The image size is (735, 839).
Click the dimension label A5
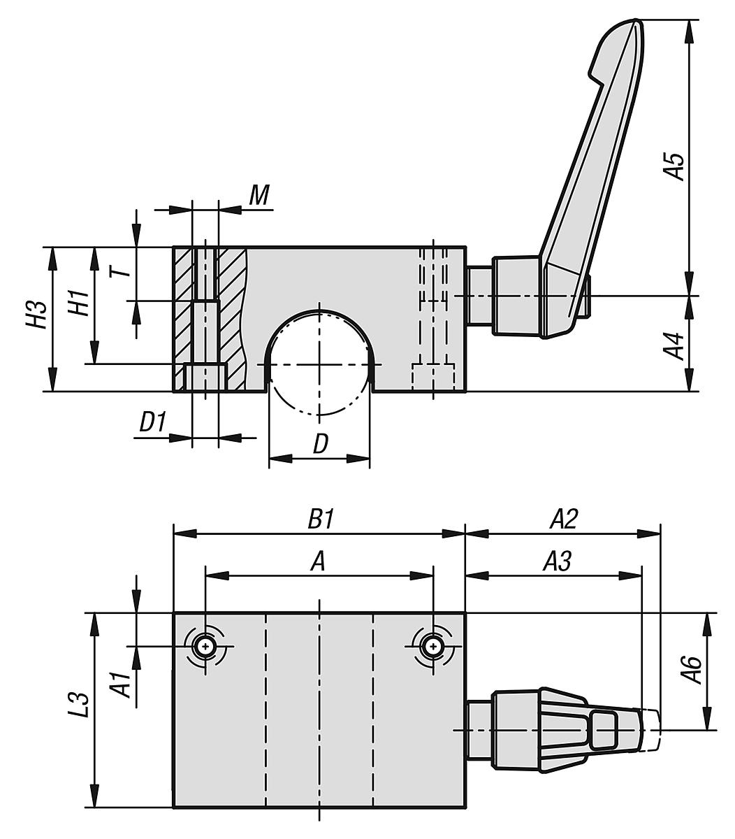coord(674,164)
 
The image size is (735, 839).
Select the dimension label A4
coord(674,344)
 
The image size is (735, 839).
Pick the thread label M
coord(259,196)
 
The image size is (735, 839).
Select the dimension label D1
coord(151,422)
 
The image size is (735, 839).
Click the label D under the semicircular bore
coord(319,443)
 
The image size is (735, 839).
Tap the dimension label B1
coord(320,519)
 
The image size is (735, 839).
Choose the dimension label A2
coord(563,519)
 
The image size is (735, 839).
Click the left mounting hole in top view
coord(205,647)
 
